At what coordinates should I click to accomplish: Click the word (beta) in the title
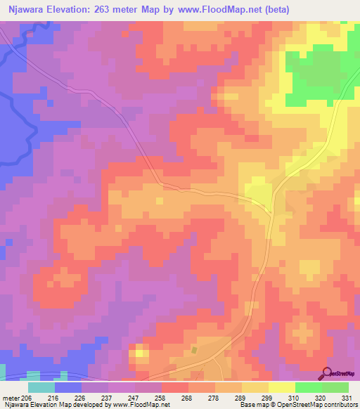coord(274,10)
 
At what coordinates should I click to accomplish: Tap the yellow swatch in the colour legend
coord(281,387)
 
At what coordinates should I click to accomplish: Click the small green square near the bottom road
coord(195,349)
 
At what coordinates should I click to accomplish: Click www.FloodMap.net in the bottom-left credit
coord(141,405)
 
